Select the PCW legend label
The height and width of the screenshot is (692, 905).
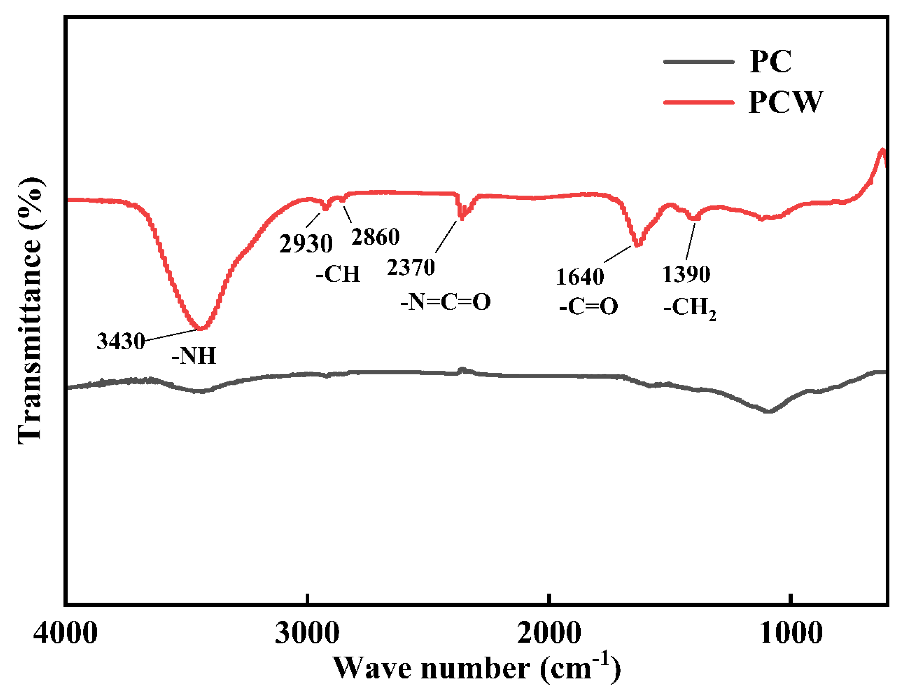[x=785, y=102]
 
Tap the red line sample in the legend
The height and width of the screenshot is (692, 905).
[x=698, y=102]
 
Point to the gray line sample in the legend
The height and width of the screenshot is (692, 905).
[x=698, y=62]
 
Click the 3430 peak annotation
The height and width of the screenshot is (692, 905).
[x=121, y=341]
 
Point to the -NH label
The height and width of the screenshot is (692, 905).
[x=194, y=356]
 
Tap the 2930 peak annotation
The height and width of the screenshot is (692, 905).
[x=306, y=244]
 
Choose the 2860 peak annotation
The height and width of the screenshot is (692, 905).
[x=375, y=237]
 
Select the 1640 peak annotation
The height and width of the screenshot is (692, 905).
[x=580, y=277]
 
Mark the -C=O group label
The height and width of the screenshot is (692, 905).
[x=589, y=306]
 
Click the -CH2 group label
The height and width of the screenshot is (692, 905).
[x=689, y=308]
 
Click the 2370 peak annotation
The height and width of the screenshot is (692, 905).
[x=411, y=267]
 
